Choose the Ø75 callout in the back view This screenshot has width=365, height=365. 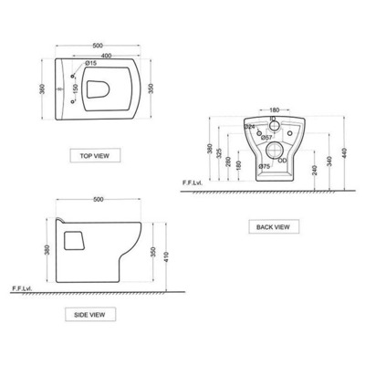coord(264,166)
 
